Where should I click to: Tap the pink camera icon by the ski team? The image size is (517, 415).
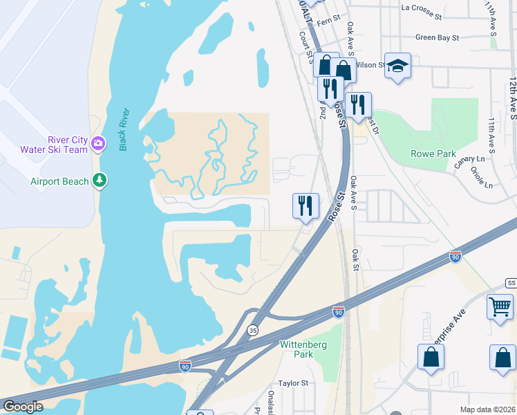(x=98, y=144)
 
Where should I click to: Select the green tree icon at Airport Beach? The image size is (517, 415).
(x=101, y=181)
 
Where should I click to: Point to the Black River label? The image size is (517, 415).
(x=124, y=129)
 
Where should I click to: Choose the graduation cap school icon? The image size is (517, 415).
(x=397, y=66)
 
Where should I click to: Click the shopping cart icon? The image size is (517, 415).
(x=500, y=306)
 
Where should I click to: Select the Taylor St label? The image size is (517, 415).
(x=293, y=383)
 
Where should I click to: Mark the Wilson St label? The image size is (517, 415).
(x=370, y=64)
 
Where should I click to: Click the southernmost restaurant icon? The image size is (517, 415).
(x=305, y=205)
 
